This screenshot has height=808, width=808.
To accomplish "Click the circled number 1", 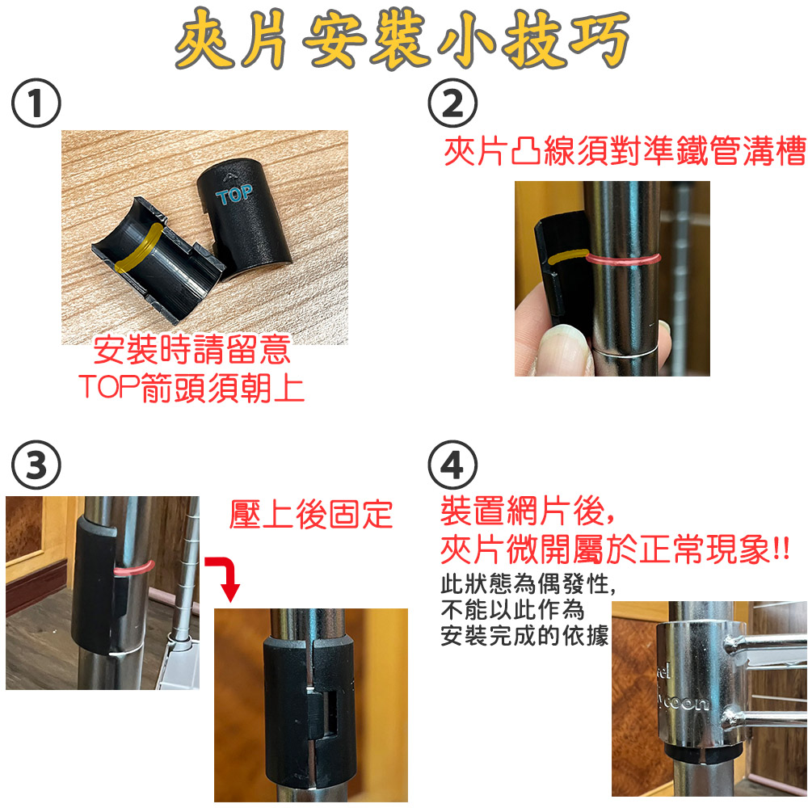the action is (x=36, y=103).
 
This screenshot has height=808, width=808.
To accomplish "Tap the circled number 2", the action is (x=452, y=103).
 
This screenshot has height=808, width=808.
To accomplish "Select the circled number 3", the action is (x=36, y=465).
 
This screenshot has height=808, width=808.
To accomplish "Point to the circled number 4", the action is (x=452, y=465).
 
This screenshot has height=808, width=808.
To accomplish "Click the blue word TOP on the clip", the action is (x=234, y=195).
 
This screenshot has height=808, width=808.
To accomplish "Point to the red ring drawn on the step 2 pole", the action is (x=625, y=259).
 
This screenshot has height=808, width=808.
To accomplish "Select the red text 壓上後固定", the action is (x=311, y=514).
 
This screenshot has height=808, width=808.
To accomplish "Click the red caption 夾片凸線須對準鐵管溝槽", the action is (x=625, y=151).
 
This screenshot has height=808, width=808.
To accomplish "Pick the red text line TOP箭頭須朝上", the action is (x=191, y=388).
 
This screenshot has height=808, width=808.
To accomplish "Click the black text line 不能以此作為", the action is (x=513, y=610).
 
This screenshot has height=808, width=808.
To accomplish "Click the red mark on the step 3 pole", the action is (x=134, y=567).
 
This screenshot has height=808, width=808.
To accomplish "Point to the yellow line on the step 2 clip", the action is (x=568, y=256).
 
